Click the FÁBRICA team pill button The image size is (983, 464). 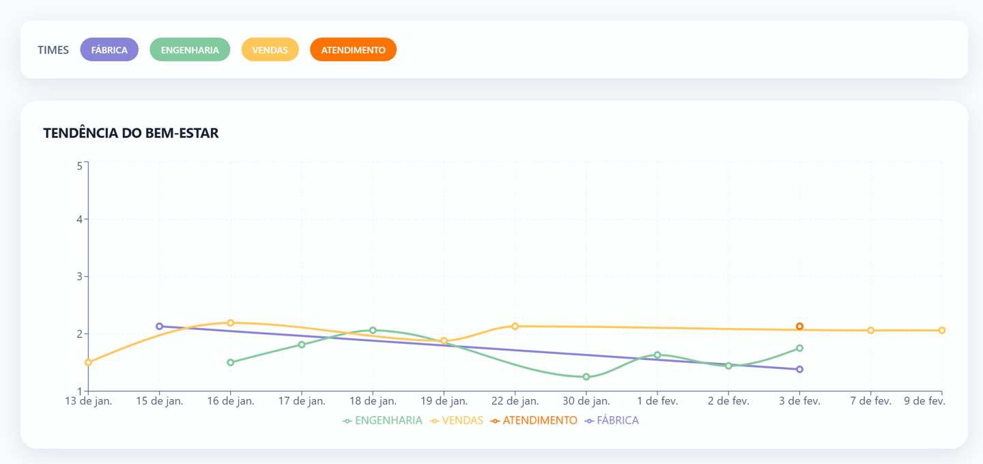[x=109, y=50]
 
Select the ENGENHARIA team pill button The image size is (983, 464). [x=190, y=50]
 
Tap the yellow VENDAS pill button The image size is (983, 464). [x=270, y=50]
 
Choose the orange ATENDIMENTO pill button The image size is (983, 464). [x=353, y=50]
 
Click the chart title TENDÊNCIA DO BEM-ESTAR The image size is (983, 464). [x=131, y=133]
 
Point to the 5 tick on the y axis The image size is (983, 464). [x=79, y=165]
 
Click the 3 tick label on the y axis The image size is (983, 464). [x=79, y=277]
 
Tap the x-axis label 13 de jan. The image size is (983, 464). [x=88, y=401]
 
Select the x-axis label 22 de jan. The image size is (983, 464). [x=515, y=401]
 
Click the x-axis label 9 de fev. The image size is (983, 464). [x=925, y=401]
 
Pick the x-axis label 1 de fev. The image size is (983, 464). [x=657, y=401]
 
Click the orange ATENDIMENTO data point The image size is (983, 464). [x=799, y=327]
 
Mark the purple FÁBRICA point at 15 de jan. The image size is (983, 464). [x=159, y=327]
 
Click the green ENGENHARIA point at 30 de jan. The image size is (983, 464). [x=586, y=377]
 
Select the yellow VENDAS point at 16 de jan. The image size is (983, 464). [x=231, y=323]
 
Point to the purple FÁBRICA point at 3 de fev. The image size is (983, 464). [x=799, y=369]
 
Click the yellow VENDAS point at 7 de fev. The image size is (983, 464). [x=871, y=331]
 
